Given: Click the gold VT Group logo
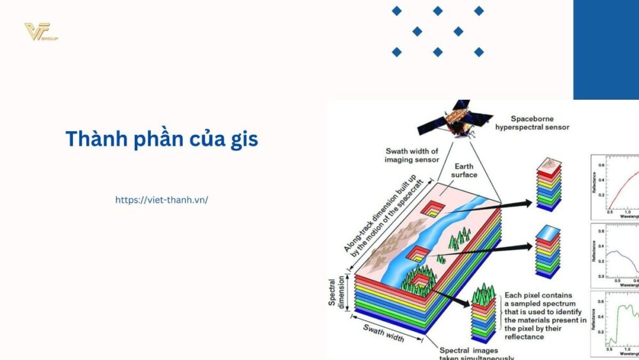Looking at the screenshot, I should (40, 32).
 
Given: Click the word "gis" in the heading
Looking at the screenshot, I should (244, 139).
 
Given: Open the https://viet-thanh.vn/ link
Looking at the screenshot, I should (162, 200).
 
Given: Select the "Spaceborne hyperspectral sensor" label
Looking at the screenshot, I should (532, 123).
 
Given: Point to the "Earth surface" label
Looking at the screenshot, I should (464, 170).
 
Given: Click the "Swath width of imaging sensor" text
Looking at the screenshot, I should (412, 155).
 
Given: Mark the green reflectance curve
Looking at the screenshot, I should (623, 320).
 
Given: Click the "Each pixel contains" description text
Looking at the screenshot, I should (544, 316).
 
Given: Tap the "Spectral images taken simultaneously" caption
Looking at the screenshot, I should (476, 354).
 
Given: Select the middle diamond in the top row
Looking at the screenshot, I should (438, 11).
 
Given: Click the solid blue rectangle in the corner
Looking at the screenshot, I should (606, 49).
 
